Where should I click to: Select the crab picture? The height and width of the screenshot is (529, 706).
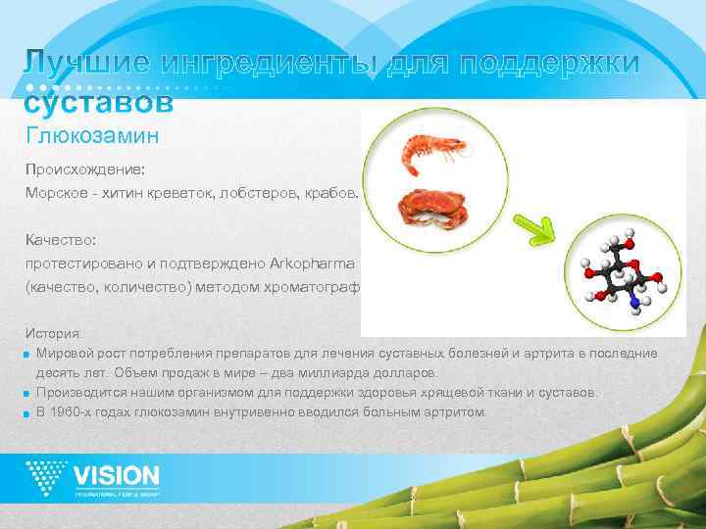pos(428,208)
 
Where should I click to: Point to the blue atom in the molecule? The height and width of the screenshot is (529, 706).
pos(634,305)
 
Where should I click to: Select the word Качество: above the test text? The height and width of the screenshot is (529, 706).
pos(59,238)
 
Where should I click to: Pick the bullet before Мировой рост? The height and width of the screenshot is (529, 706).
pos(29,353)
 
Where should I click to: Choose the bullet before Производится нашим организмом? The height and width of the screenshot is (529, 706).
pos(29,393)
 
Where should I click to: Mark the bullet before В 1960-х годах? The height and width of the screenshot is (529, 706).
pos(29,412)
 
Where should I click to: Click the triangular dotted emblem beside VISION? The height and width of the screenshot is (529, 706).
pos(47,478)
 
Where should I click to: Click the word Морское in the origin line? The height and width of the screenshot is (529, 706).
pos(56,193)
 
